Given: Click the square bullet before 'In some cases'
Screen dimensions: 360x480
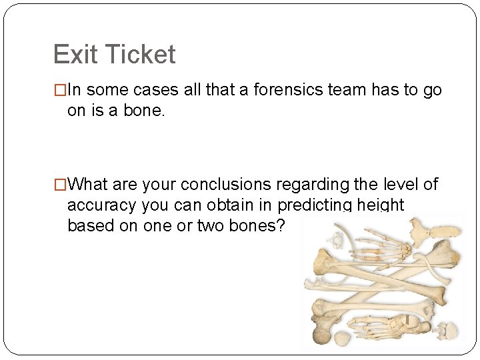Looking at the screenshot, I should coord(60,91).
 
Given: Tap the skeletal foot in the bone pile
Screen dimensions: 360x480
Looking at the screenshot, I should coord(387,326).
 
